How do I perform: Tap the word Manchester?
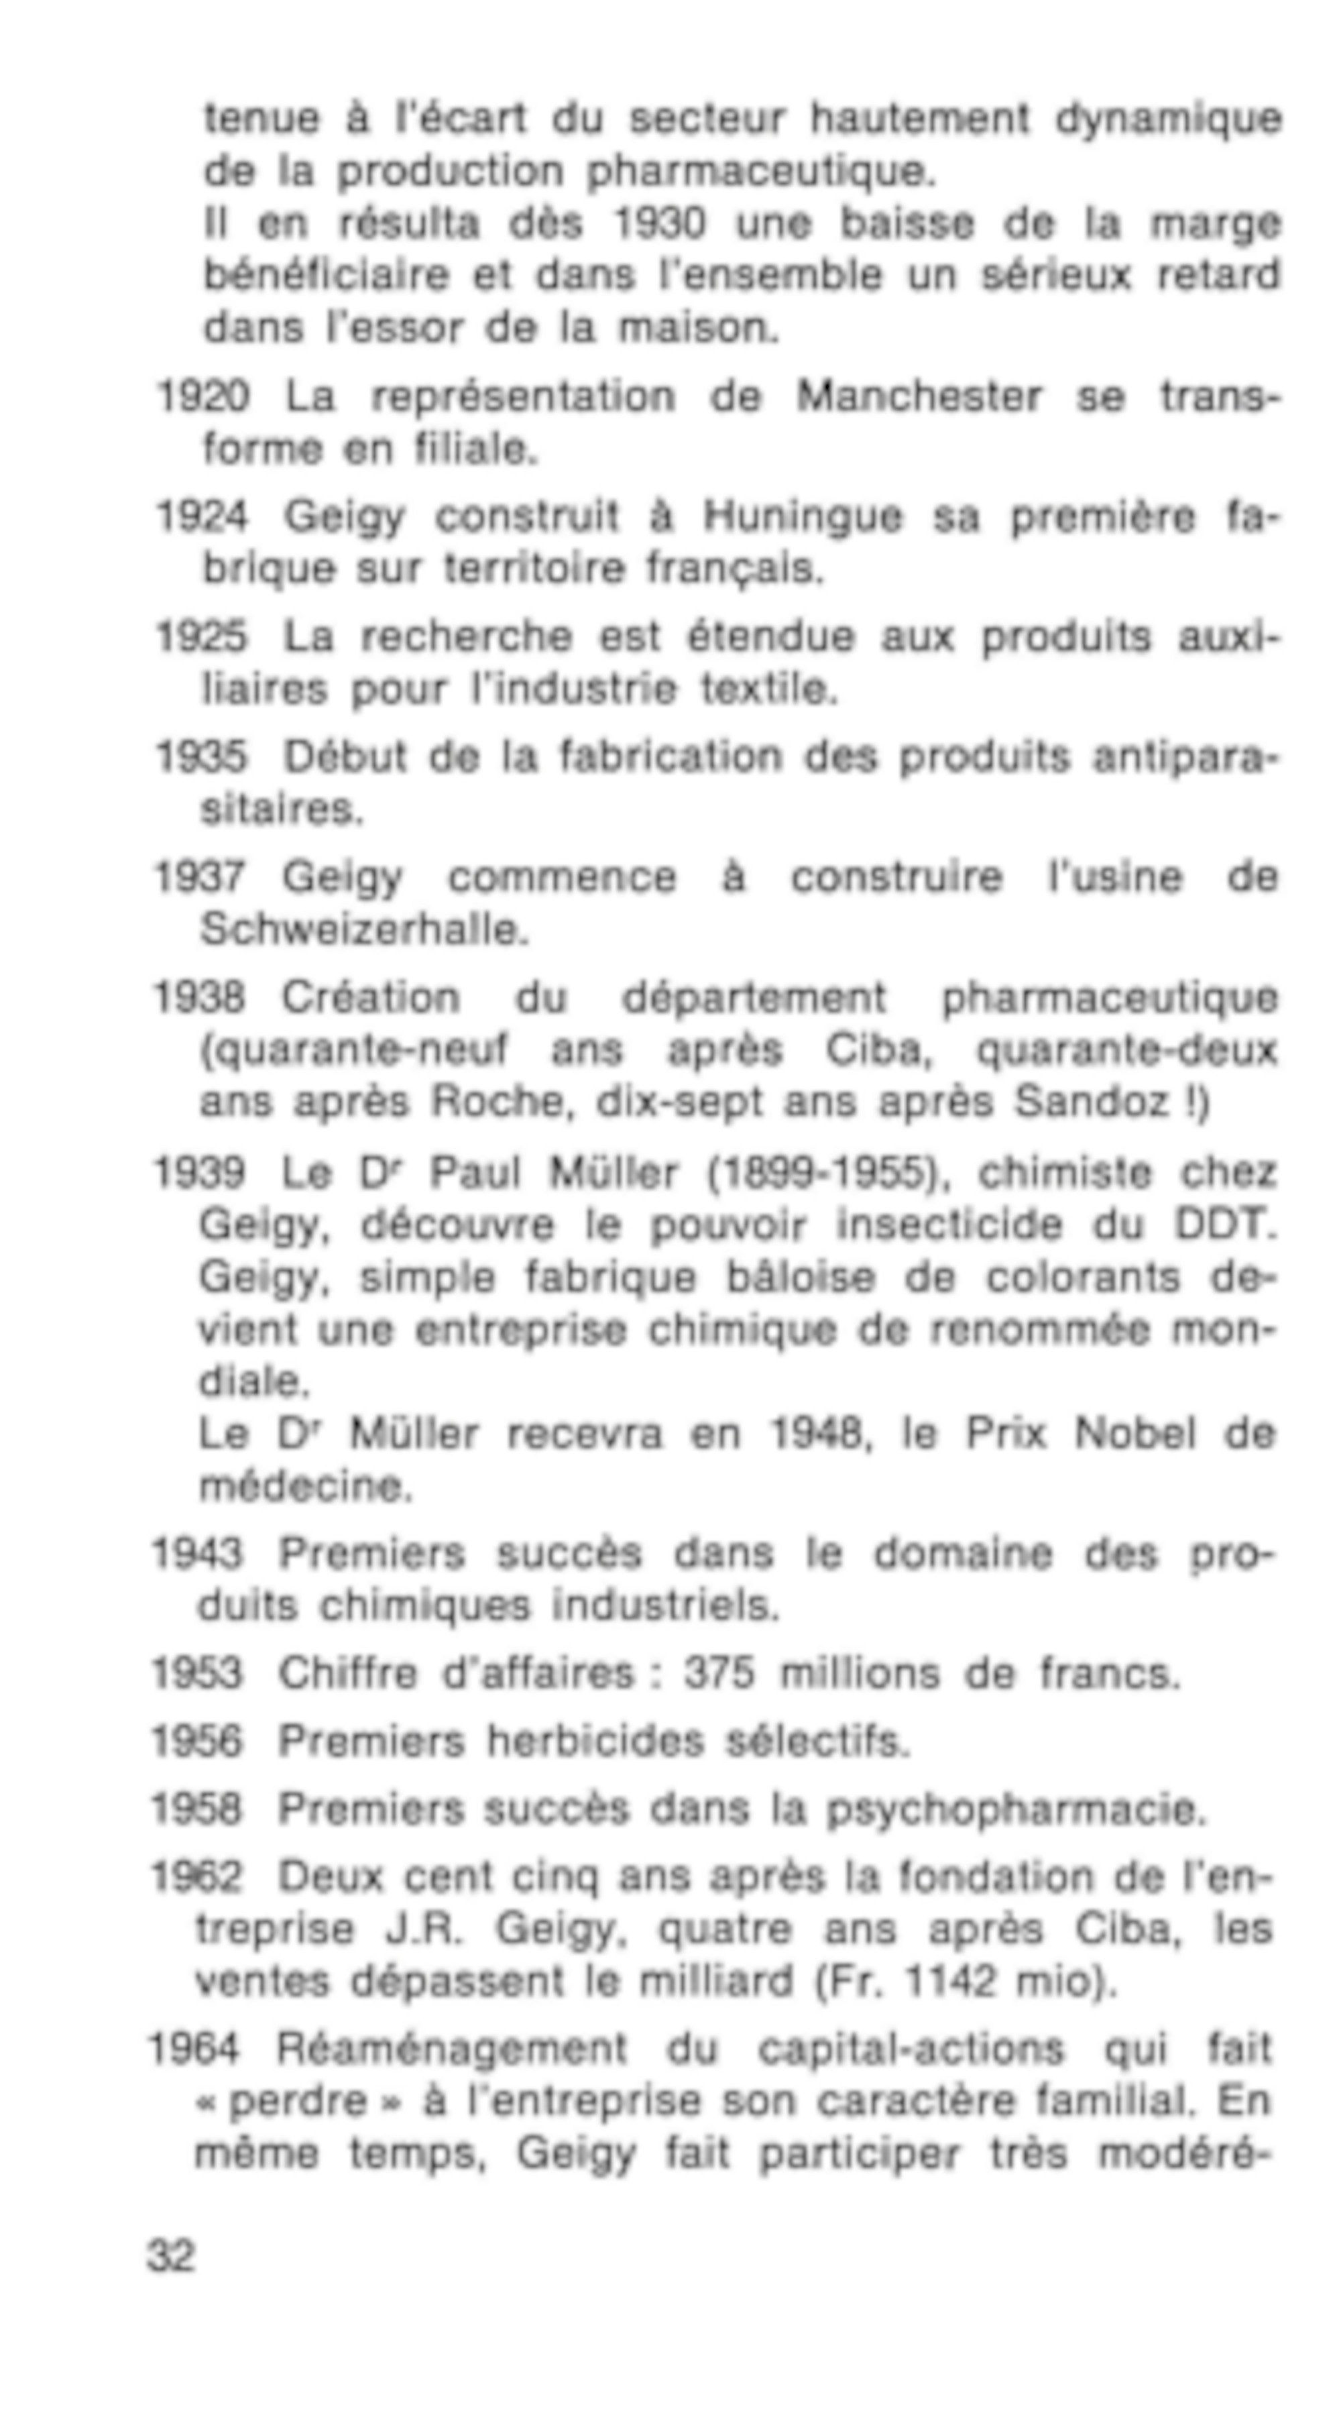click(919, 397)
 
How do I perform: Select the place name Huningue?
click(802, 516)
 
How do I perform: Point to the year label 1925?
click(201, 636)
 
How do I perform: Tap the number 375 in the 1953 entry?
click(719, 1674)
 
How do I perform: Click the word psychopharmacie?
click(1016, 1809)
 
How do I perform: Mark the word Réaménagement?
click(451, 2049)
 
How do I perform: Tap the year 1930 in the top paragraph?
click(659, 224)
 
